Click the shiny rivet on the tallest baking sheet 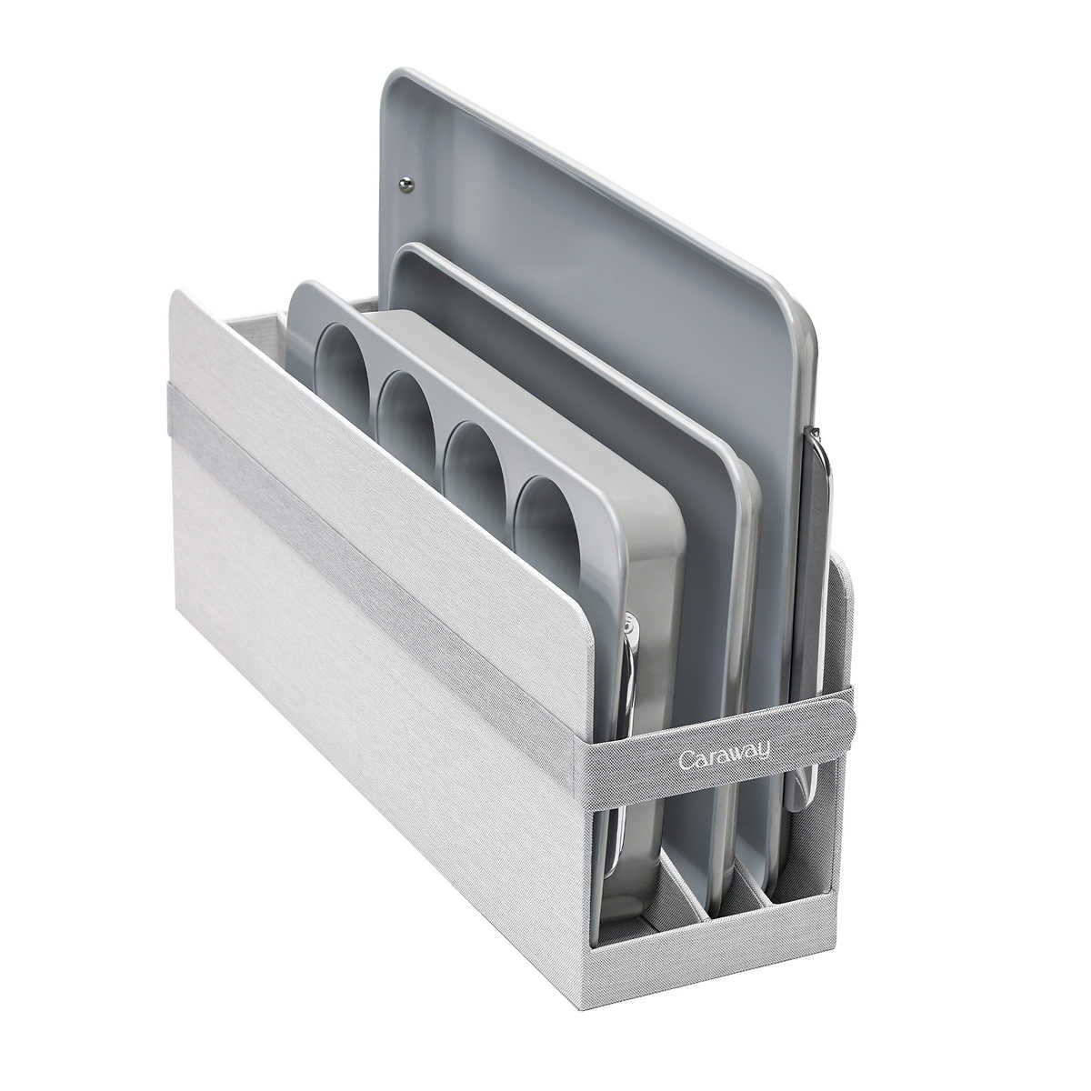405,183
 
